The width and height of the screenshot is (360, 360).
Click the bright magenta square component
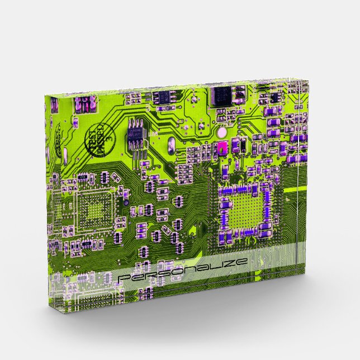click(222, 148)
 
